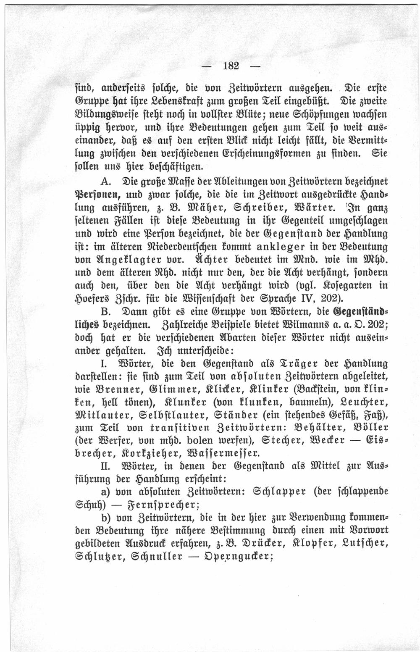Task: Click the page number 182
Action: (231, 66)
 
